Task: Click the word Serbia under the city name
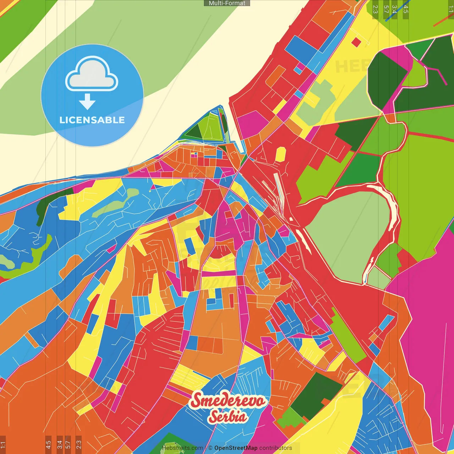tap(227, 416)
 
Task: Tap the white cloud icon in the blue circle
tap(92, 74)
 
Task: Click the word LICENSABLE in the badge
tap(92, 120)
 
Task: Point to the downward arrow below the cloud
tap(87, 102)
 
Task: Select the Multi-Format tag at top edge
tap(227, 3)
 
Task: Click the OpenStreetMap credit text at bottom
tap(236, 448)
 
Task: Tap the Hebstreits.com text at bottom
tap(182, 448)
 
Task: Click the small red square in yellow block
tap(356, 42)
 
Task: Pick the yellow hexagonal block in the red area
tap(281, 154)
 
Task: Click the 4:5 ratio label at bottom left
tap(48, 444)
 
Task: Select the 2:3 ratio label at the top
tap(375, 9)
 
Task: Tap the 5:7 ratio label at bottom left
tap(68, 444)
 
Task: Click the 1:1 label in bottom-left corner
tap(3, 444)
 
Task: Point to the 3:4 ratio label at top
tap(394, 9)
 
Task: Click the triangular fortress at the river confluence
tap(209, 126)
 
